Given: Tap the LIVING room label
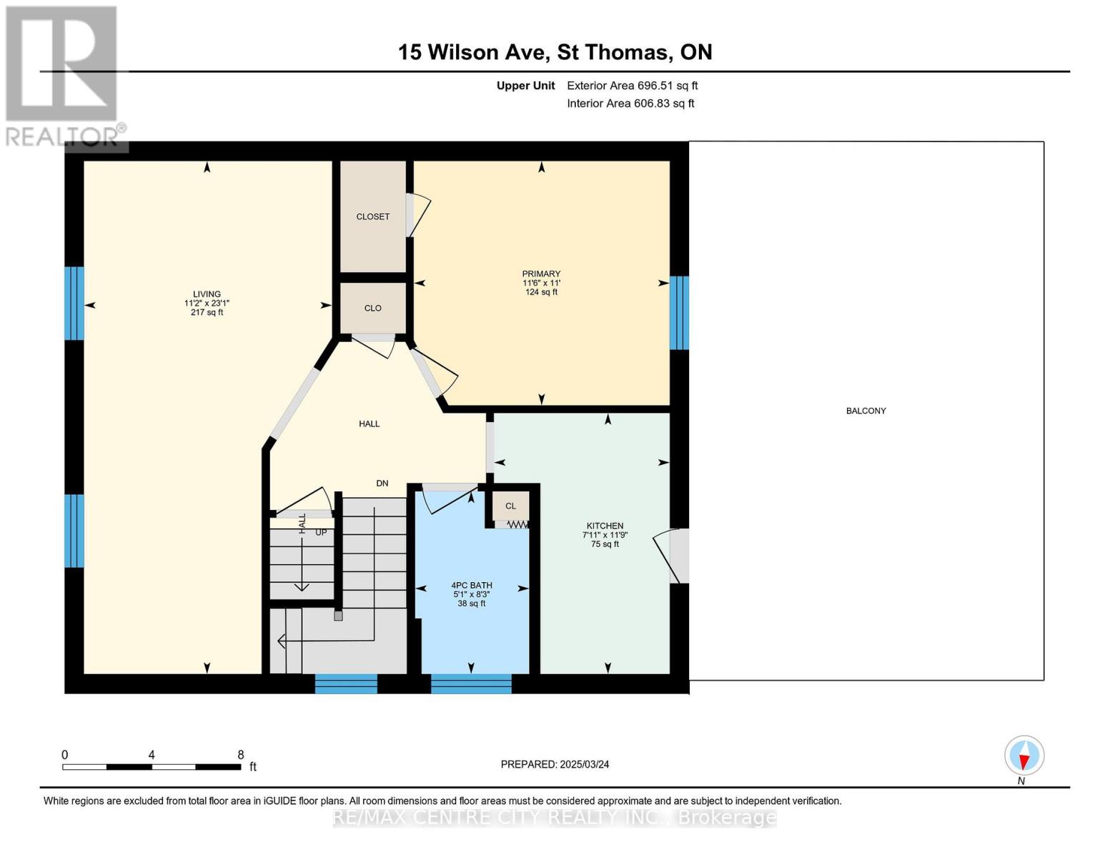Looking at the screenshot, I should click(207, 294).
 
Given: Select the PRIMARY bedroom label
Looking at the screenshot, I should click(541, 274).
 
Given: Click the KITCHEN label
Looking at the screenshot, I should click(605, 526).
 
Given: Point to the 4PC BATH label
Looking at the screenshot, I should click(471, 585).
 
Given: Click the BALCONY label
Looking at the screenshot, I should click(866, 411).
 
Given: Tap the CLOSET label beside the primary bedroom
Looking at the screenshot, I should click(373, 216).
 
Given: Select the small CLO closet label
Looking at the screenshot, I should click(373, 309).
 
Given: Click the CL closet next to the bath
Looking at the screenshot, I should click(510, 506).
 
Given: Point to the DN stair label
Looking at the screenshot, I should click(382, 483).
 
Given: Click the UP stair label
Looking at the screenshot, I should click(321, 532).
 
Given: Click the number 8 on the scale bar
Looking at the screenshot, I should click(241, 755).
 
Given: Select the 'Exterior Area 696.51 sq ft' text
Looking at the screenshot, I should click(632, 86).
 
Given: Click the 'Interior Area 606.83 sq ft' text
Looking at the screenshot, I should click(630, 104).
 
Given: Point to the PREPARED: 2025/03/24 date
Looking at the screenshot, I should click(555, 764).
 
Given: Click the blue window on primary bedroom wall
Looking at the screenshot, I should click(679, 313).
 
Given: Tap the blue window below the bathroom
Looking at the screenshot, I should click(471, 683).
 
